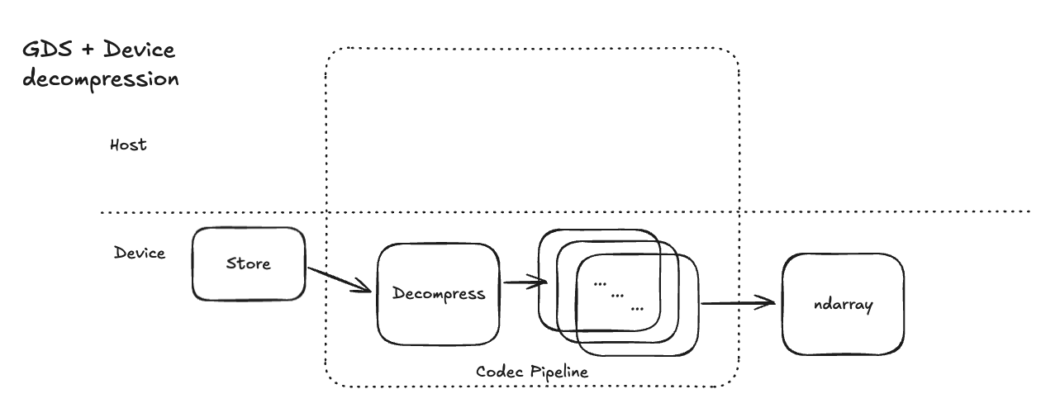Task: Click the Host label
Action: coord(128,145)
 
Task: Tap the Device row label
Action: coord(140,253)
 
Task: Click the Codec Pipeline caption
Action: coord(532,372)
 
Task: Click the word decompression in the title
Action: coord(102,80)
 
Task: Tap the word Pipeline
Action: coord(558,372)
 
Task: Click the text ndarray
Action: coord(843,305)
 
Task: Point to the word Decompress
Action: coord(438,294)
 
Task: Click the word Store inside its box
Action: coord(249,264)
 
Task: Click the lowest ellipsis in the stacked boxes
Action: coord(637,308)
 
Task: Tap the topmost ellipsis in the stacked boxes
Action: coord(601,282)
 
